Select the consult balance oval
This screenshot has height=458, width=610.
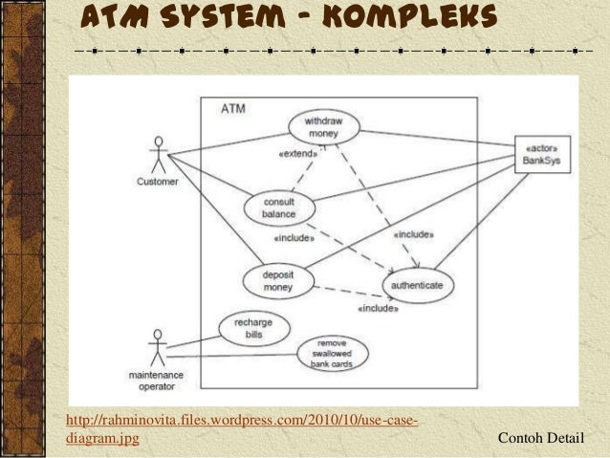click(278, 207)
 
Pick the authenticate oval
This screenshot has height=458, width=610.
click(418, 285)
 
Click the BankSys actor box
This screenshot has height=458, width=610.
click(541, 155)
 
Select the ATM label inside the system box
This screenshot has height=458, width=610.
click(232, 109)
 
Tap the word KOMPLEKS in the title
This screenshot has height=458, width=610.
click(403, 16)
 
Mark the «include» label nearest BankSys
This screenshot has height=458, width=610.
click(413, 233)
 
